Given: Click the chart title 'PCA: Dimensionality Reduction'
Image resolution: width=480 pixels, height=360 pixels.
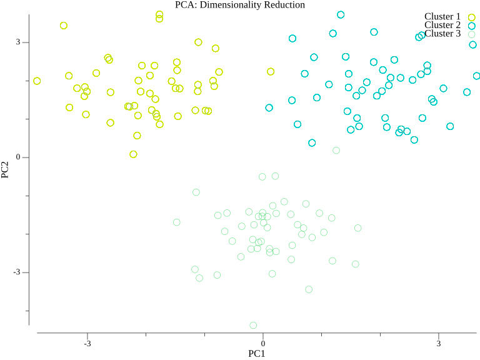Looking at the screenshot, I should [x=240, y=5].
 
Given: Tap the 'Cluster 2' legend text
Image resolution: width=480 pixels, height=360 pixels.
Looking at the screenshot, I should [x=442, y=25].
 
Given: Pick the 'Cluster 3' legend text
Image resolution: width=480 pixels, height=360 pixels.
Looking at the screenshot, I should [x=442, y=34].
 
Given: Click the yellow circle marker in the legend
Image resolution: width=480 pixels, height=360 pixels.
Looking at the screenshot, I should [x=472, y=17].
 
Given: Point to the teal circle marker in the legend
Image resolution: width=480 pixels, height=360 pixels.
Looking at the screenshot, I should [x=472, y=26].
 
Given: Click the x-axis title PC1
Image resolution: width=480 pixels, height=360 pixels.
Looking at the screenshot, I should [x=257, y=354].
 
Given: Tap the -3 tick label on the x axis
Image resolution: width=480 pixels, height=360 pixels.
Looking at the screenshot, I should [x=87, y=343].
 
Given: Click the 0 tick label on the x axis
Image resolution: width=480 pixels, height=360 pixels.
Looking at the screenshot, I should [x=262, y=343].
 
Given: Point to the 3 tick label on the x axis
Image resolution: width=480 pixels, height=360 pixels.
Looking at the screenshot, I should [x=438, y=343].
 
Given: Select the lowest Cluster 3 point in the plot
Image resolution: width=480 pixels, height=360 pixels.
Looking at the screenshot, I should [x=253, y=326].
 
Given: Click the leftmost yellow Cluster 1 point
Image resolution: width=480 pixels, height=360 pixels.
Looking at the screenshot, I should [x=37, y=81].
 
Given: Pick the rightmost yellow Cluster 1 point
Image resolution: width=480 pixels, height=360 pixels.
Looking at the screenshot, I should [x=271, y=72].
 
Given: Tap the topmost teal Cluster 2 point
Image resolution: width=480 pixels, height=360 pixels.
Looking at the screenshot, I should [x=341, y=15].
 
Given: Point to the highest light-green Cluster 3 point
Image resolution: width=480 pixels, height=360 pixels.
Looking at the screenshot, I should [x=336, y=151].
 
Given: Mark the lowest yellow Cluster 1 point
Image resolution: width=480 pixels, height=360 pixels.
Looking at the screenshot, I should [x=133, y=154].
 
